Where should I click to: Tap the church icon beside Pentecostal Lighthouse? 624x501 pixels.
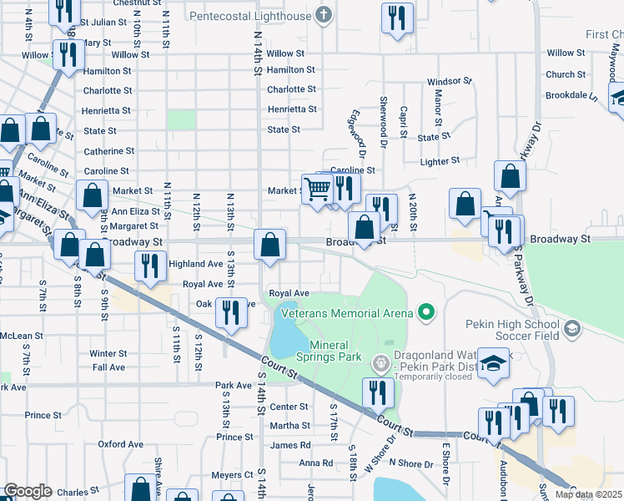tap(325, 15)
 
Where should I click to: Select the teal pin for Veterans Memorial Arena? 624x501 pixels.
tap(426, 313)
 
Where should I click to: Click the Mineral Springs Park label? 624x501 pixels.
tap(335, 351)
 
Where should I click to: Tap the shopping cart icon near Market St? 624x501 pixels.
tap(317, 189)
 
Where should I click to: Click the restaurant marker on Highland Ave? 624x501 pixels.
tap(150, 266)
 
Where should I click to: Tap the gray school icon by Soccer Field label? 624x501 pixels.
tap(571, 328)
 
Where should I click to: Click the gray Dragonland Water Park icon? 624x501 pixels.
tap(380, 362)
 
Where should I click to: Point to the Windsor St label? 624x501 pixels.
tap(450, 82)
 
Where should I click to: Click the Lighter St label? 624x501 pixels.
tap(440, 160)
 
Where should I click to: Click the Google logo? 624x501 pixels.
tap(28, 491)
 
